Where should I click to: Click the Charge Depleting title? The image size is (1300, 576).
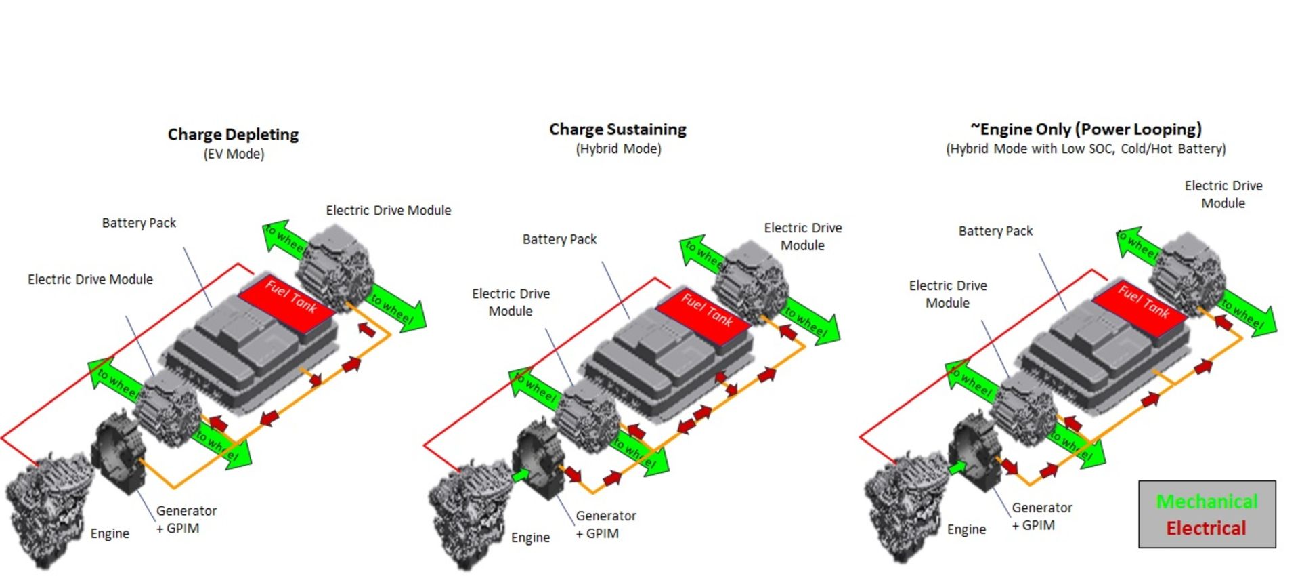point(233,134)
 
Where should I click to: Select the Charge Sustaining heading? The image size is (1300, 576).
point(617,129)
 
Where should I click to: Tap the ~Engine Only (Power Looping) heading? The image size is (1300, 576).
point(1085,129)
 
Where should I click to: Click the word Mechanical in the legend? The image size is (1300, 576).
point(1207,501)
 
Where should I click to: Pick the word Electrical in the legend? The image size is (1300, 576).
point(1206,529)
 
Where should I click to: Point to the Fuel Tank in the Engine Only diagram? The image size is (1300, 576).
point(1142,306)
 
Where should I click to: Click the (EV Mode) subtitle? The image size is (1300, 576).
point(234,154)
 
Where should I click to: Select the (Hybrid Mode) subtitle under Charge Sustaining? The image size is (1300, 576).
point(618,149)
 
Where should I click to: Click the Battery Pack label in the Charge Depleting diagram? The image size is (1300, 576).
point(139,223)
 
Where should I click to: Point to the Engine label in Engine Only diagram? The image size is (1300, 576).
point(966,529)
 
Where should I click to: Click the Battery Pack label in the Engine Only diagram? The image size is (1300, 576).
point(995,231)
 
